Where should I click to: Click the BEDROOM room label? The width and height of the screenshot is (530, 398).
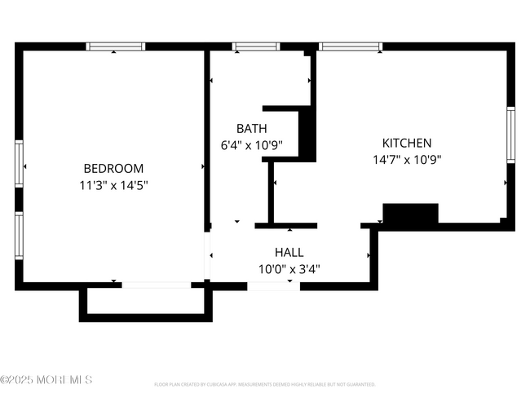113,169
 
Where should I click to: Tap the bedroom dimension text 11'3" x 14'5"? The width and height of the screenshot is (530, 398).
113,185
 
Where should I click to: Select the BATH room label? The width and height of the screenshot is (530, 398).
251,129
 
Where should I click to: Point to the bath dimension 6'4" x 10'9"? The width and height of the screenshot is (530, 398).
251,145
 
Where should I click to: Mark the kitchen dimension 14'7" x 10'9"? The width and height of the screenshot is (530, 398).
407,160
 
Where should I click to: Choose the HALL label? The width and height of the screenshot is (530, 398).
290,252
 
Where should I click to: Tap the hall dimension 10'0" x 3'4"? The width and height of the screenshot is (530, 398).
290,268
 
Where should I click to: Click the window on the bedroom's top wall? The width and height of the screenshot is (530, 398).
116,46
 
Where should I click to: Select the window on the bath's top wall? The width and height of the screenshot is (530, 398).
255,46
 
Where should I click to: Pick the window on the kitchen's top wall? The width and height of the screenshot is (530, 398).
351,46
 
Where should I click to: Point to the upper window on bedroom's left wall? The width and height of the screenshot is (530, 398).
19,166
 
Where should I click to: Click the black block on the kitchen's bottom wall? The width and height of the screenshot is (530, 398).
410,214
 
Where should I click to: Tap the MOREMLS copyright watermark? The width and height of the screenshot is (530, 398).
46,380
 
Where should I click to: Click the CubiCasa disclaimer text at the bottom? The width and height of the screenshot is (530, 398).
264,383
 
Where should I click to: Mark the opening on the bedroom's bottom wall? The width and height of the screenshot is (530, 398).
156,285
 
